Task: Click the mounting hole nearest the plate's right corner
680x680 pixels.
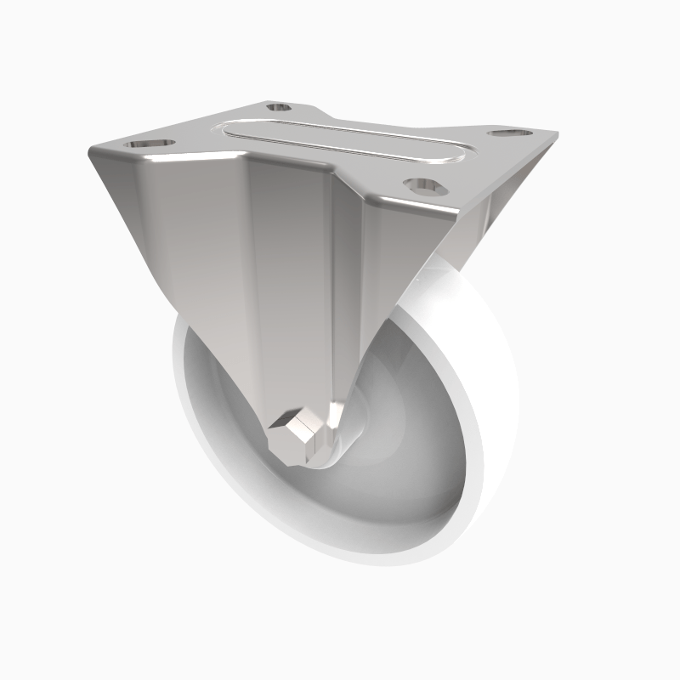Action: [x=508, y=134]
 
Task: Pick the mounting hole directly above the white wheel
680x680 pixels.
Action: [x=424, y=184]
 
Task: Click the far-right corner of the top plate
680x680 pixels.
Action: [x=557, y=136]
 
